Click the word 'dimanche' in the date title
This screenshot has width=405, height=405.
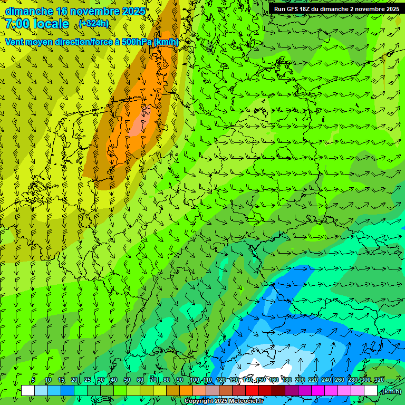29,11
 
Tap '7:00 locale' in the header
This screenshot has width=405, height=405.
37,24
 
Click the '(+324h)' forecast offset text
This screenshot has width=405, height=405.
94,24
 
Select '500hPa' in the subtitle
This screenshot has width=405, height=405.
137,42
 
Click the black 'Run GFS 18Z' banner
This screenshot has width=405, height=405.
336,8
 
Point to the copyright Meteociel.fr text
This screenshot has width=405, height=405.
224,401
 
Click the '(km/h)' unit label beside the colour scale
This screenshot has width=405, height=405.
391,391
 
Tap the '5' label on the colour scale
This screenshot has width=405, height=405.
33,380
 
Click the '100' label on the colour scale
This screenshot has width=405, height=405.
194,380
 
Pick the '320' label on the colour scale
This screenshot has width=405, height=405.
379,380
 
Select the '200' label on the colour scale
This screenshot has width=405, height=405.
300,380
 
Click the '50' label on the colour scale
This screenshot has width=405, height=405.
127,380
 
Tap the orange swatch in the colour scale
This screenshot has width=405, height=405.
186,391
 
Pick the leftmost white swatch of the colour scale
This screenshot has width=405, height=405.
28,391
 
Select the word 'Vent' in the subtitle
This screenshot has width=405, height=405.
15,42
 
